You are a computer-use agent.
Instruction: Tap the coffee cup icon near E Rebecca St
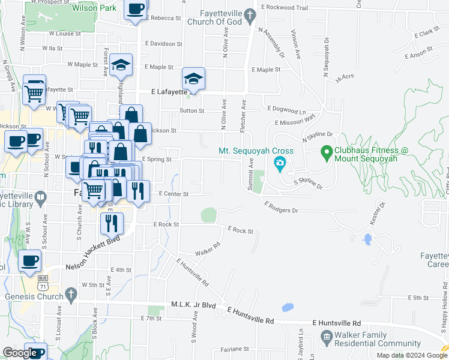(135, 9)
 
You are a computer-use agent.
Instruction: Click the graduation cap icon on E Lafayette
(193, 79)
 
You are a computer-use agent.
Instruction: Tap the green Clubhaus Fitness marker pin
(327, 152)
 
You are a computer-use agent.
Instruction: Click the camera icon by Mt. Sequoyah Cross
(280, 163)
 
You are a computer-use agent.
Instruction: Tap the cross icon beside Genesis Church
(71, 295)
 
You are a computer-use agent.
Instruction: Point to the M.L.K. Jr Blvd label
(193, 305)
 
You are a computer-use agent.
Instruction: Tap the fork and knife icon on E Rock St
(112, 223)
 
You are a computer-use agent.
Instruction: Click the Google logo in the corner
(19, 353)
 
